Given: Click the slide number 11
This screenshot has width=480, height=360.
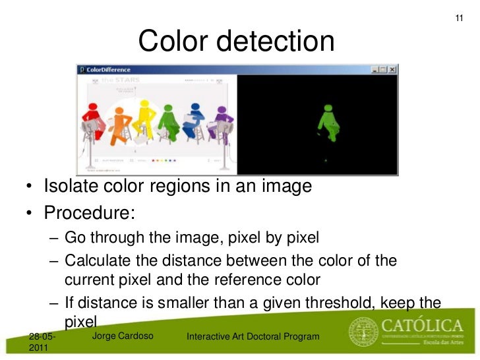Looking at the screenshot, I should pos(460,17).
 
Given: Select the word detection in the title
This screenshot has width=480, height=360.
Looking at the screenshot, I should pos(280,42).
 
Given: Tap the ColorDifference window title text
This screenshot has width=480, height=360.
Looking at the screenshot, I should pos(109,69).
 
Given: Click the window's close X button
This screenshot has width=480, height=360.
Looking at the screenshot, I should pos(393,69).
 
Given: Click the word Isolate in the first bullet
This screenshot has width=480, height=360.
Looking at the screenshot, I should pos(69,187).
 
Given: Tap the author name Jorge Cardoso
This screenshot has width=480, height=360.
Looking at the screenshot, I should pos(123,337).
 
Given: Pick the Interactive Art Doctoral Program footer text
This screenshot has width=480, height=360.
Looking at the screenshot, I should pos(253,338).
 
